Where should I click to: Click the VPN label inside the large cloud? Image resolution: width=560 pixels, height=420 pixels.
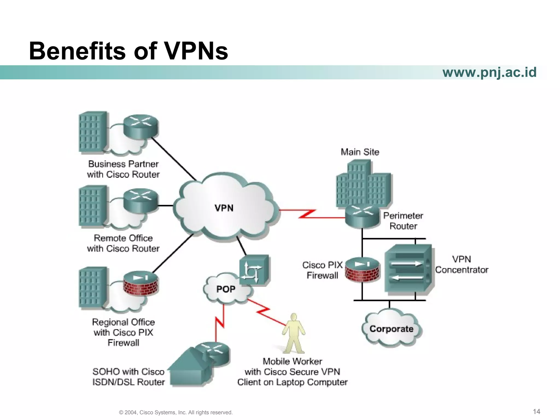[x=224, y=208]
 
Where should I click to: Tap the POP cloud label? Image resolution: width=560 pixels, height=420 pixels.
[x=226, y=289]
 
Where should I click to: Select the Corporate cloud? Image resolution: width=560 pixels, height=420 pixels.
[x=391, y=329]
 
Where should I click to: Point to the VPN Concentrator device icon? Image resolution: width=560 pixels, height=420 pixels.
[x=409, y=269]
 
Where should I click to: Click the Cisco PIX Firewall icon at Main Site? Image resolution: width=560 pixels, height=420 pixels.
[x=362, y=270]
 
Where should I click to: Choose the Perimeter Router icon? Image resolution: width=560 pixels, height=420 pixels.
[x=362, y=217]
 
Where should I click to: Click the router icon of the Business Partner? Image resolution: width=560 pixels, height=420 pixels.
[x=141, y=126]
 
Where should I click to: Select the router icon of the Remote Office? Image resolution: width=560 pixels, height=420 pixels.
[x=141, y=200]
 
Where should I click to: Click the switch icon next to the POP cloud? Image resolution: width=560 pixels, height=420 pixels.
[x=254, y=270]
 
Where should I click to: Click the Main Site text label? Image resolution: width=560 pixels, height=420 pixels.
[x=360, y=152]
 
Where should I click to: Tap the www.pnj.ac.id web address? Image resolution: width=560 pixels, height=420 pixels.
[x=489, y=72]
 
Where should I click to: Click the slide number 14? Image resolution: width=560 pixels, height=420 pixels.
[x=536, y=412]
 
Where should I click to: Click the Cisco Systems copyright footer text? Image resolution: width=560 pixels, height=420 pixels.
[x=176, y=412]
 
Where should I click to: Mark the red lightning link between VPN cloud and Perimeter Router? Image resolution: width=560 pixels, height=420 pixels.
[x=308, y=214]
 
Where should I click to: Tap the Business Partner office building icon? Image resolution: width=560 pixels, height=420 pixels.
[x=92, y=132]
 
